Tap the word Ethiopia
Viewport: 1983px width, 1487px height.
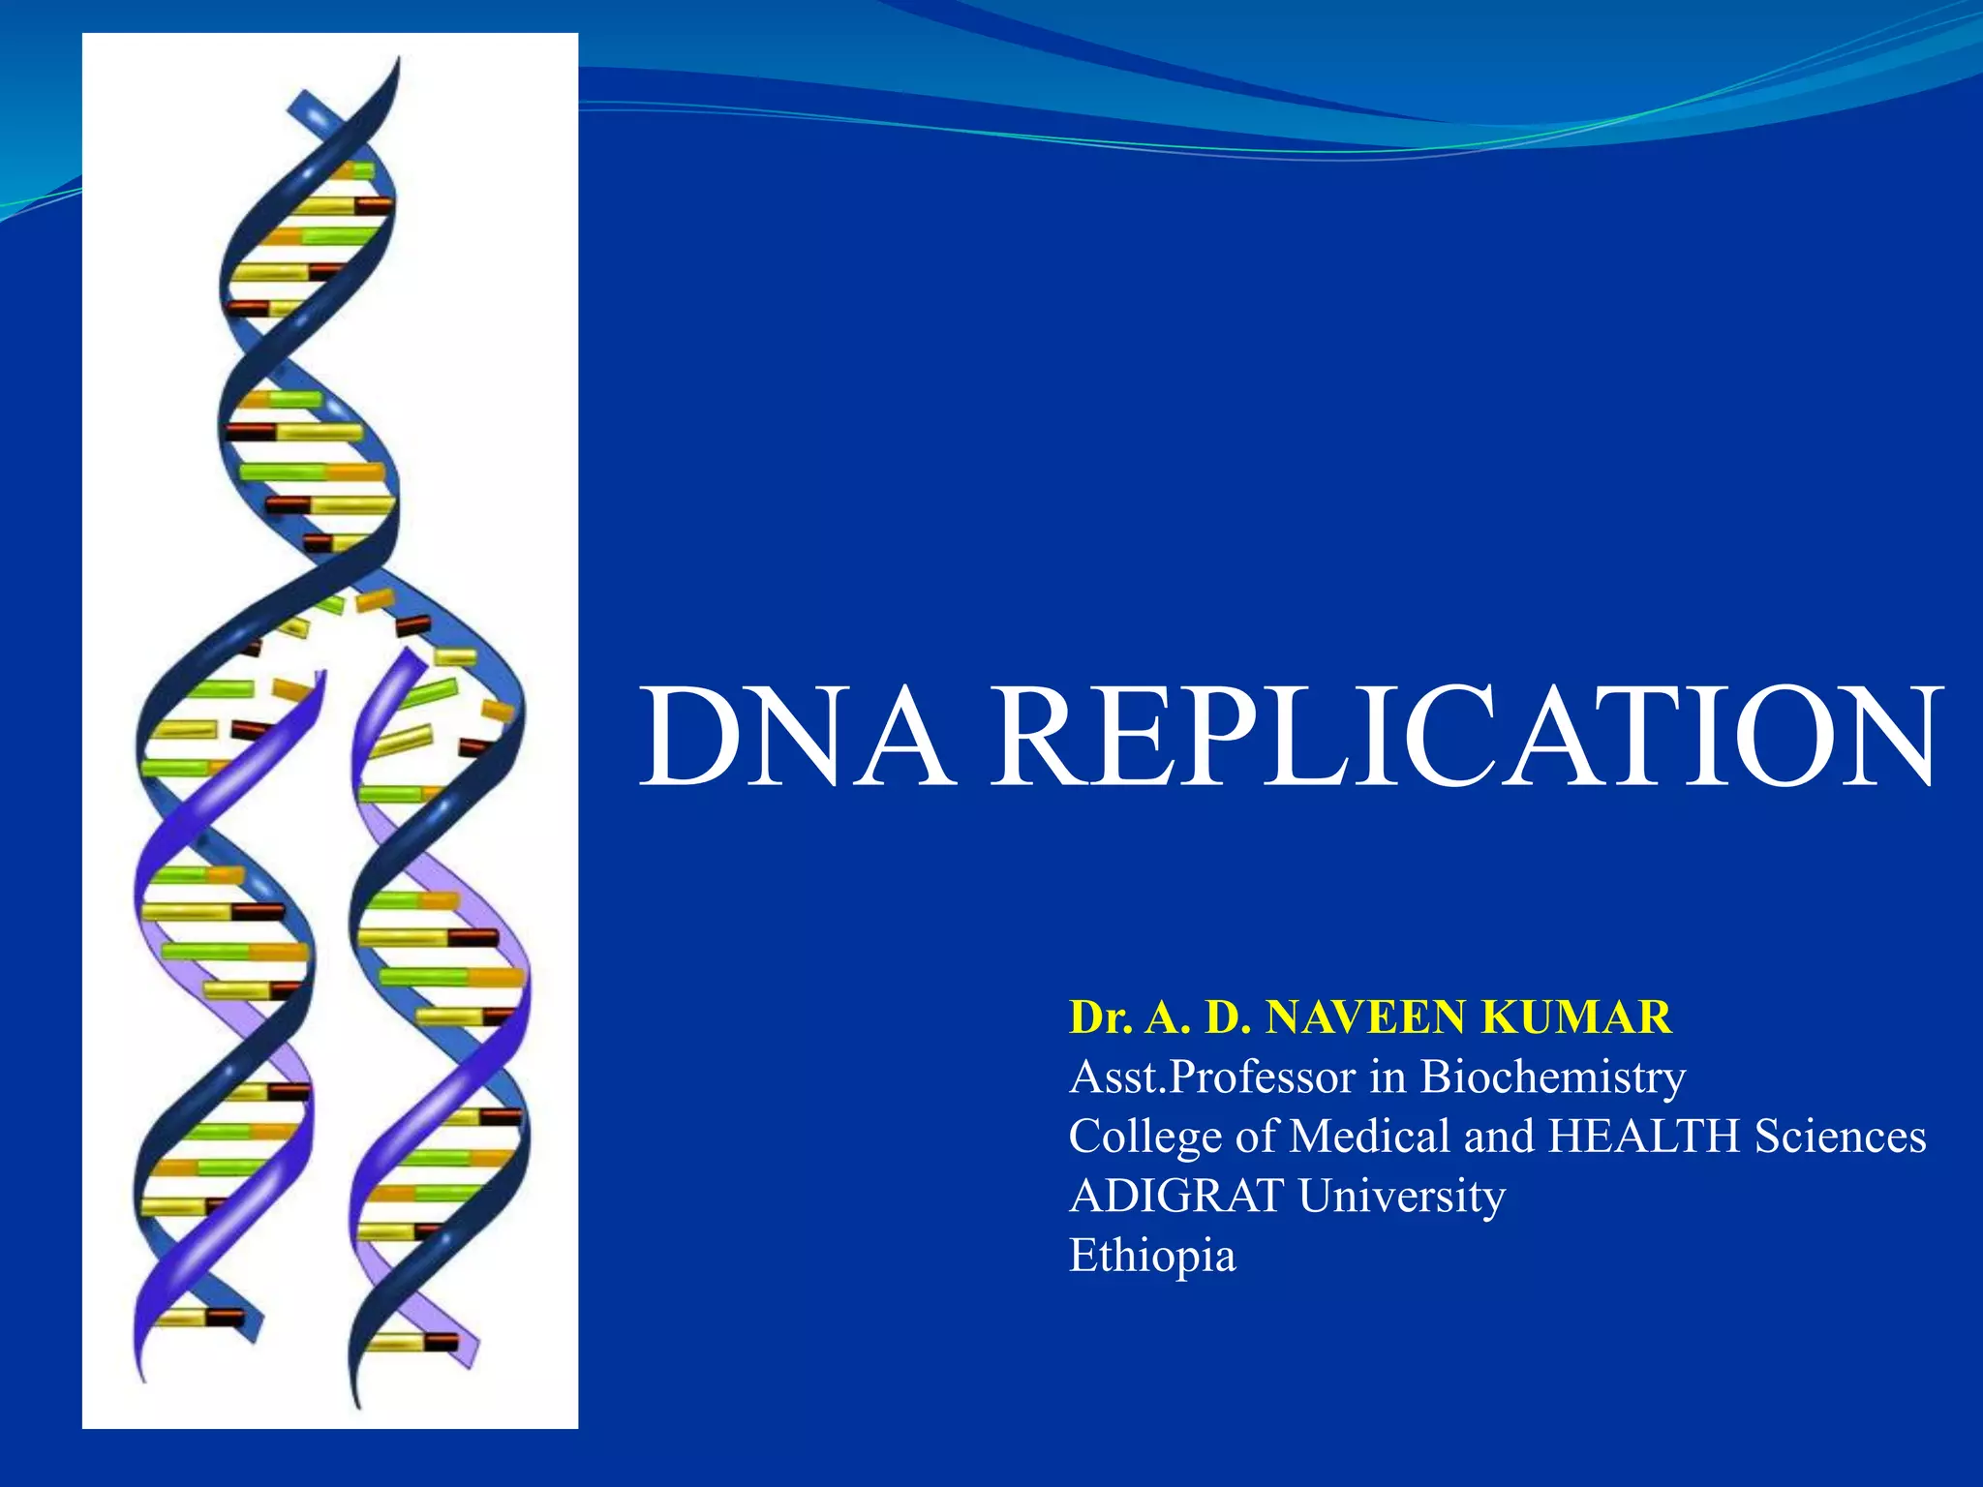(x=1152, y=1256)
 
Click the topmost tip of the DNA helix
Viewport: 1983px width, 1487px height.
(x=396, y=60)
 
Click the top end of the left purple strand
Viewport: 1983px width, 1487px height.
(x=322, y=674)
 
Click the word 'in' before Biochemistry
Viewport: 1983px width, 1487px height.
(x=1388, y=1077)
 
